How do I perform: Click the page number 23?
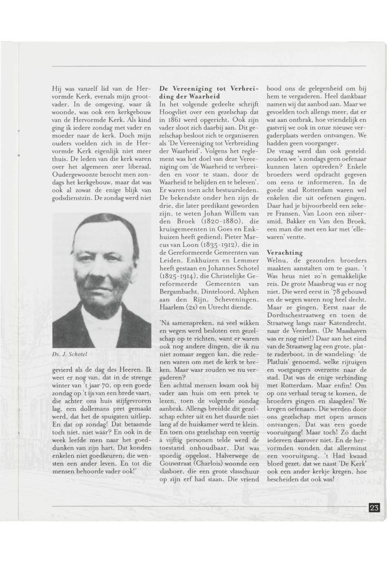(374, 508)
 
